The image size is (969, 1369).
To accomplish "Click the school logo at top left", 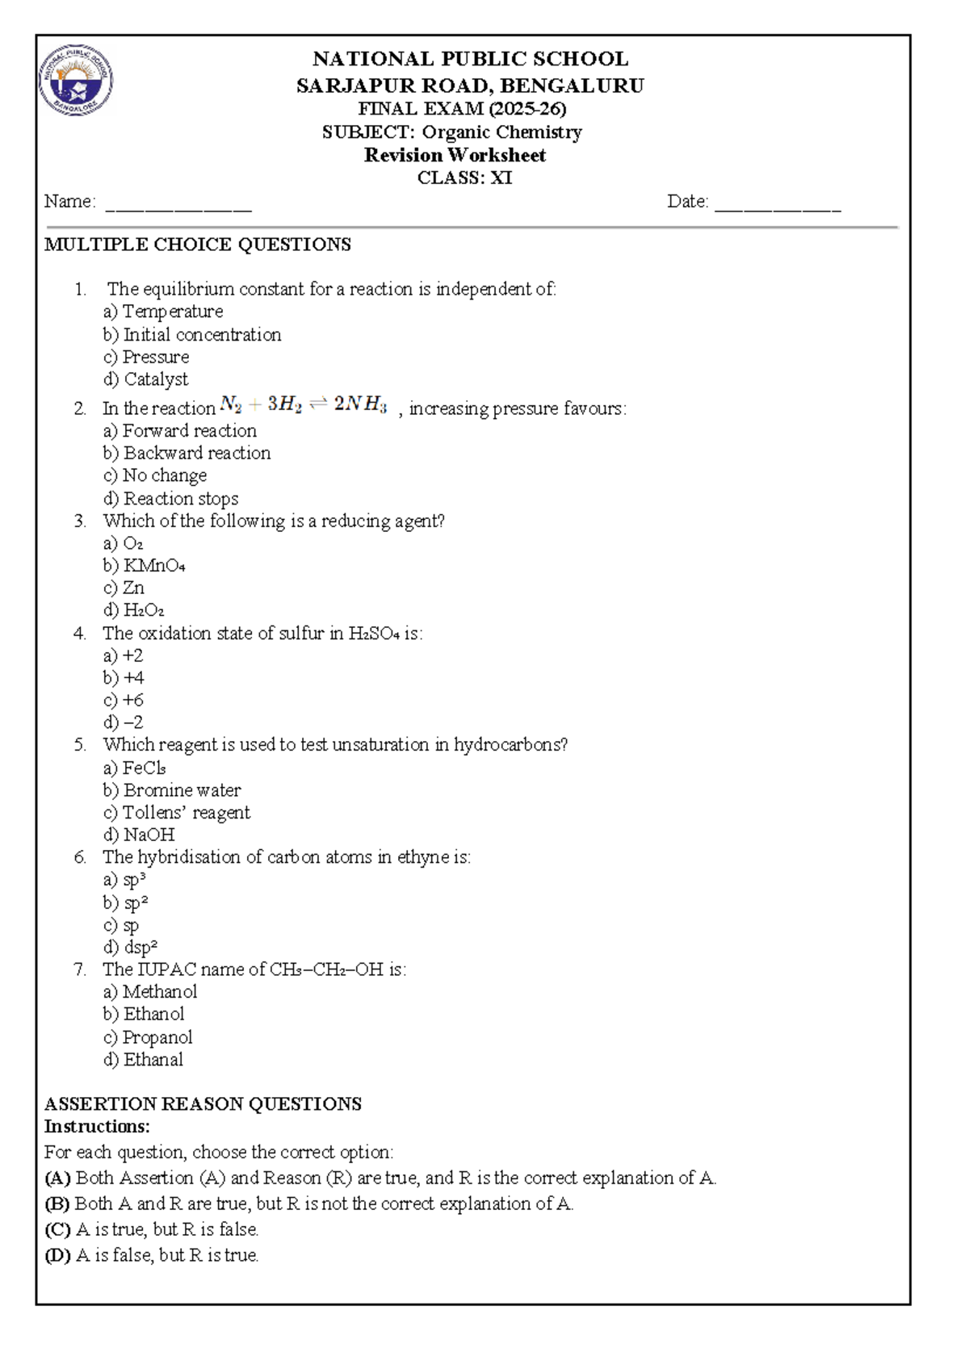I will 76,80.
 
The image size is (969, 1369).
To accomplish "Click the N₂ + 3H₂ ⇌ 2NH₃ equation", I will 304,404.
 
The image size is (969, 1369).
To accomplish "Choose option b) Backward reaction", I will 187,453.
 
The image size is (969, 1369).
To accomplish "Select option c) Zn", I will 125,588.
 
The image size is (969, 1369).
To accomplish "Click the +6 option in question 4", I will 125,700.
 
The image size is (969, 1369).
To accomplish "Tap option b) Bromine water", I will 173,790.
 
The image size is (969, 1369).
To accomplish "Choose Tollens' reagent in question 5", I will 178,812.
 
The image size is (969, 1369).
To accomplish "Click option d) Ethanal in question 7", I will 144,1059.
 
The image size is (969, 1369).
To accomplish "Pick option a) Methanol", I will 151,991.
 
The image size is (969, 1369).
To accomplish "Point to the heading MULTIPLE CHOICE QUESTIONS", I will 198,245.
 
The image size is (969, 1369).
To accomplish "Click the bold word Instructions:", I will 97,1126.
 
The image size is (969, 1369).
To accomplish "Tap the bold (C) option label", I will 57,1229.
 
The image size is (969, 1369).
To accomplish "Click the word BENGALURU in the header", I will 573,86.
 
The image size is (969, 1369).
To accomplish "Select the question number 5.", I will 79,745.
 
